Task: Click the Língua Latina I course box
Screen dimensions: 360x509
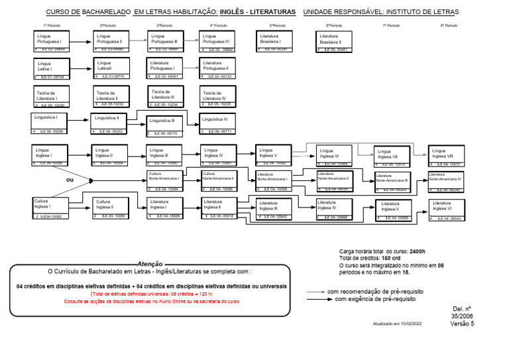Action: coord(52,68)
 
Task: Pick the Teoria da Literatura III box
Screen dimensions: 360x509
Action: coord(165,97)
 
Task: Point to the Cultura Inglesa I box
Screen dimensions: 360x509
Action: coord(50,208)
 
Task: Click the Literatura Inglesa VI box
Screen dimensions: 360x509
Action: coord(446,210)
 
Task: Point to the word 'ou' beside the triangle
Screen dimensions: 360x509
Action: coord(70,180)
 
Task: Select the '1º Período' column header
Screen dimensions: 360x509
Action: coord(52,25)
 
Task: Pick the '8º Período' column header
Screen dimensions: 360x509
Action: coord(449,25)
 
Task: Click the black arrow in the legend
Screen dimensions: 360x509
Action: coord(315,299)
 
